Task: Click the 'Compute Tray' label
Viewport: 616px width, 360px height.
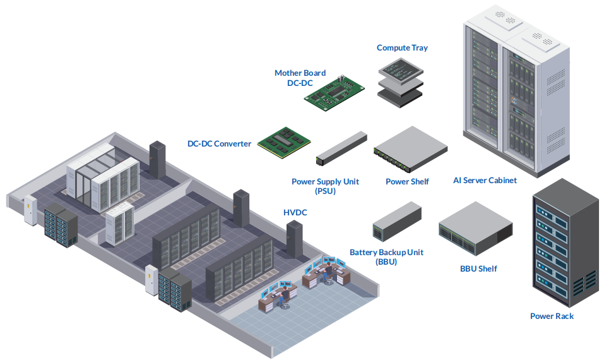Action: click(402, 48)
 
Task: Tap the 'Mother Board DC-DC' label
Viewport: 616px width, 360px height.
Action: click(300, 78)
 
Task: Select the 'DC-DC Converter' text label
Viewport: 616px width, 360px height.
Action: click(219, 144)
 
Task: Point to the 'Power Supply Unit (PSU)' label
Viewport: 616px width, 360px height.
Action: click(325, 186)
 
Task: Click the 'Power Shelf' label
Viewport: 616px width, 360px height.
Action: click(407, 182)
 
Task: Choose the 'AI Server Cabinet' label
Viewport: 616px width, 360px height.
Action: click(485, 181)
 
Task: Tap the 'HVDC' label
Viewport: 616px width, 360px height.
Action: click(295, 213)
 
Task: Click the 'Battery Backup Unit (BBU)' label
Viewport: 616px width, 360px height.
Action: click(386, 256)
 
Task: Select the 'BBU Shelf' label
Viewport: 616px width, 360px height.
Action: click(478, 269)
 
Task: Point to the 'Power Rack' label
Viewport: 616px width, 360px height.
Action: click(552, 316)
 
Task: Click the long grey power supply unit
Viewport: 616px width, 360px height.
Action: click(341, 147)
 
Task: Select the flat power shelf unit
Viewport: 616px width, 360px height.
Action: click(410, 150)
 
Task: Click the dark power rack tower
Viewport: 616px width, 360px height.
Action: click(565, 243)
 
